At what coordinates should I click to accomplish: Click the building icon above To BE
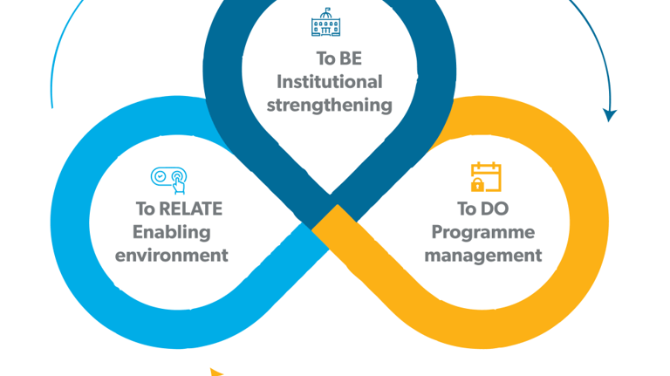(326, 23)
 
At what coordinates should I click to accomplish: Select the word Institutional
(329, 82)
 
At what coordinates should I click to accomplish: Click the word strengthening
(329, 106)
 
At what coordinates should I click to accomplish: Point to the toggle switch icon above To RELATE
(168, 177)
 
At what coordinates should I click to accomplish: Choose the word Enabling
(171, 232)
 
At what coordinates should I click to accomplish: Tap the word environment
(171, 256)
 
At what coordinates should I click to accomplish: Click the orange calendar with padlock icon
(486, 176)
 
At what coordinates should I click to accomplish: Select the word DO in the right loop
(494, 209)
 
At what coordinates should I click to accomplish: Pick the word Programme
(482, 232)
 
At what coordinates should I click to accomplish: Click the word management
(482, 256)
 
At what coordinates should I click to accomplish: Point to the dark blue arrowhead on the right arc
(610, 115)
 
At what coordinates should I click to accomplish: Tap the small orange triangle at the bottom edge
(216, 373)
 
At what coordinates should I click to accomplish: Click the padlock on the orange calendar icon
(477, 184)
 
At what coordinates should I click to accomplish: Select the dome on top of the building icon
(326, 12)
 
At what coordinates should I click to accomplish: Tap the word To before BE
(325, 58)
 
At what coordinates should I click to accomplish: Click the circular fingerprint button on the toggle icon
(177, 177)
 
